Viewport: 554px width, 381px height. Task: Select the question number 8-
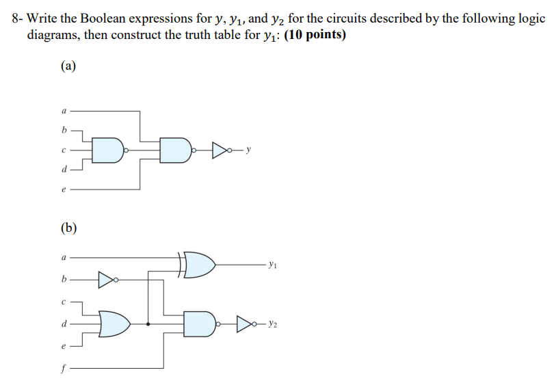tap(18, 18)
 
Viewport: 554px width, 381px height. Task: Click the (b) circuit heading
tap(68, 227)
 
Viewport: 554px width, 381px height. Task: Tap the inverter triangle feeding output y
tap(221, 148)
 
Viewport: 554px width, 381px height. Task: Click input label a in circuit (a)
tap(64, 110)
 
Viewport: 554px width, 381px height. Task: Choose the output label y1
tap(274, 263)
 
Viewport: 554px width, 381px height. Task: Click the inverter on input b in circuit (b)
tap(107, 278)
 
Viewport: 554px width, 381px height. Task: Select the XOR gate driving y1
tap(199, 263)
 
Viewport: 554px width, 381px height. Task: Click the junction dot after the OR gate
tap(148, 323)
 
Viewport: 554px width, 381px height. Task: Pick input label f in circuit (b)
tap(64, 373)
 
